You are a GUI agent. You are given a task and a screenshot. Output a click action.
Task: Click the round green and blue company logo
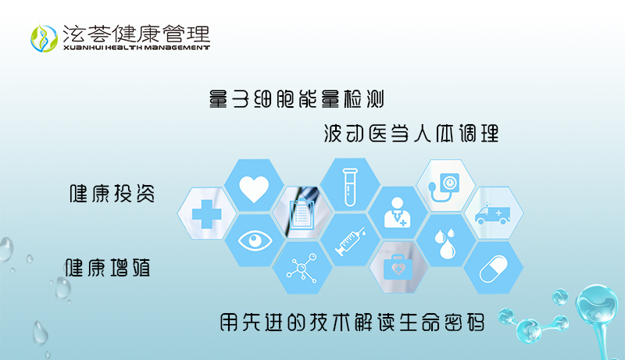[x=45, y=38]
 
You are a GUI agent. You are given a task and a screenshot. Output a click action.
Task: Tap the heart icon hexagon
[x=254, y=186]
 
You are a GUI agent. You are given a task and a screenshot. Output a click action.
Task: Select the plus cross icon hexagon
[x=206, y=214]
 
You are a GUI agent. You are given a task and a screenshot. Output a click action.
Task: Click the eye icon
[x=255, y=241]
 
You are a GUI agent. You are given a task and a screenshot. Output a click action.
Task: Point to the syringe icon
[x=350, y=241]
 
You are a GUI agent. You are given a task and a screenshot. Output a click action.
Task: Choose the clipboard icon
[x=302, y=214]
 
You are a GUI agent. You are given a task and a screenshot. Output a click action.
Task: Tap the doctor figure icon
[x=398, y=212]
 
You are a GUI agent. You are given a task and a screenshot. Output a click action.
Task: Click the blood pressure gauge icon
[x=444, y=187]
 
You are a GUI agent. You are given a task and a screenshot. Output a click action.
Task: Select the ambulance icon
[x=493, y=214]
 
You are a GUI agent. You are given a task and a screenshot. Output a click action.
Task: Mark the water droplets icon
[x=445, y=243]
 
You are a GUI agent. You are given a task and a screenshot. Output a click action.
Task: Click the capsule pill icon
[x=494, y=269]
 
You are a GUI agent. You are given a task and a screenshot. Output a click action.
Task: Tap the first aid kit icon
[x=398, y=267]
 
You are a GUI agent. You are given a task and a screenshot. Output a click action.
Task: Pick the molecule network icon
[x=302, y=268]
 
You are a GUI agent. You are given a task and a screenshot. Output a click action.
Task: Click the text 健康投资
[x=112, y=194]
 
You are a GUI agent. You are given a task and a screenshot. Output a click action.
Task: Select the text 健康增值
[x=108, y=267]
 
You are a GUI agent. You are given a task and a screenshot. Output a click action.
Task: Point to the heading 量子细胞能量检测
[x=297, y=98]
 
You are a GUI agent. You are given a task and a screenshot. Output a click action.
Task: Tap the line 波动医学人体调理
[x=411, y=133]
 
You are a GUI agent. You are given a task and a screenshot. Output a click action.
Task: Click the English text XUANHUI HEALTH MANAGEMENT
[x=136, y=48]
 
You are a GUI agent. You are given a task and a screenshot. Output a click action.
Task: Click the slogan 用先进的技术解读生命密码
[x=352, y=323]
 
